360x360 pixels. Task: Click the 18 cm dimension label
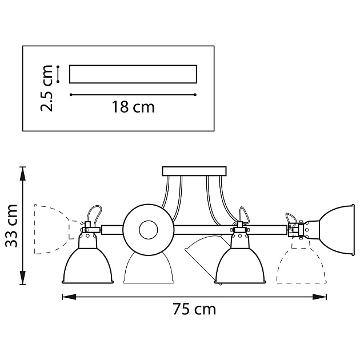(133, 107)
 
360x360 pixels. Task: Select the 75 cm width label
(194, 309)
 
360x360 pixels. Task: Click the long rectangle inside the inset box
(133, 74)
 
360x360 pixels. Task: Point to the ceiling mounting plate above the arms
(194, 171)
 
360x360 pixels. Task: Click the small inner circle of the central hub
(147, 229)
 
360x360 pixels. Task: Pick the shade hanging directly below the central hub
(147, 269)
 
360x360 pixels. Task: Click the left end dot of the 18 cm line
(70, 94)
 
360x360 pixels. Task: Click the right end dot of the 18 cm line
(195, 94)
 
